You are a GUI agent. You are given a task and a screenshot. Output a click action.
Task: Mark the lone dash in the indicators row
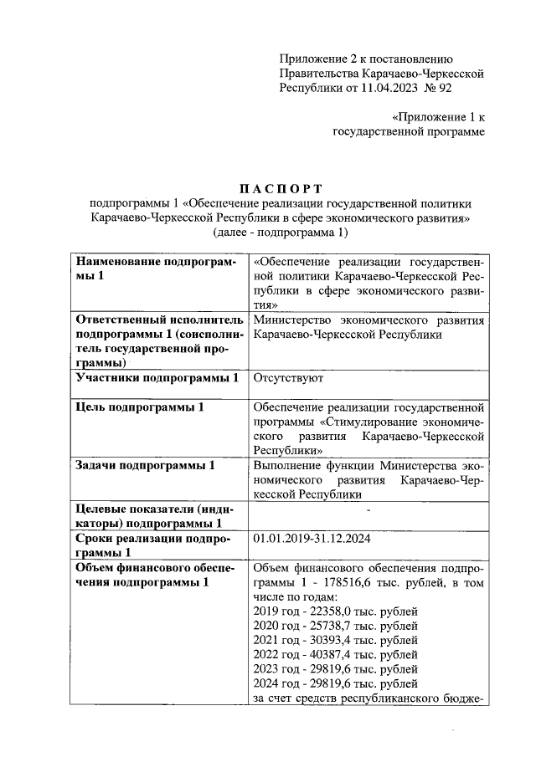click(368, 509)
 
